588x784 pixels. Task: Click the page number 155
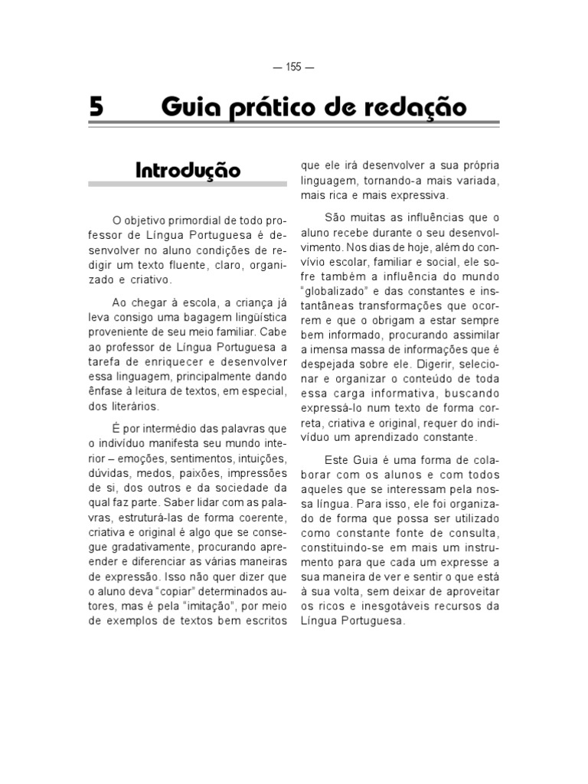(x=293, y=67)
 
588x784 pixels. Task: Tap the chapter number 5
(x=96, y=106)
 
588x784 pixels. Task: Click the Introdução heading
(x=188, y=169)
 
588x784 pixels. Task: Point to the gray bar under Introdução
(x=188, y=185)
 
